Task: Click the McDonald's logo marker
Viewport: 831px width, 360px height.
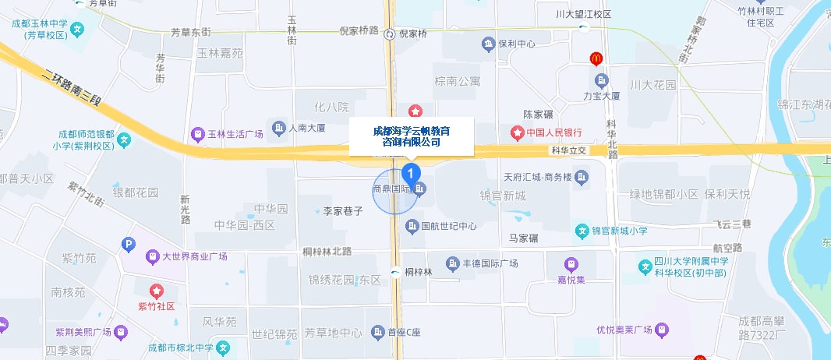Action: pyautogui.click(x=596, y=58)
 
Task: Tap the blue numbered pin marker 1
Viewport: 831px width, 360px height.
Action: pyautogui.click(x=412, y=171)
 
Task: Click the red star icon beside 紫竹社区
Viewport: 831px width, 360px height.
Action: pyautogui.click(x=157, y=291)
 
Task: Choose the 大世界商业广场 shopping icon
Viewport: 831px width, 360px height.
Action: pyautogui.click(x=152, y=256)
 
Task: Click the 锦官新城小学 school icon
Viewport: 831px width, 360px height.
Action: pyautogui.click(x=581, y=231)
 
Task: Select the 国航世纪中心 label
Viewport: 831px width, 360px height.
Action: pyautogui.click(x=448, y=227)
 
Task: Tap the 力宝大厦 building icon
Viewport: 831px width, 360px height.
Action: pyautogui.click(x=601, y=80)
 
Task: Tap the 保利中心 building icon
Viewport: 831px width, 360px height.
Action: pyautogui.click(x=489, y=44)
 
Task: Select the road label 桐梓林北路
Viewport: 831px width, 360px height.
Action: pyautogui.click(x=327, y=251)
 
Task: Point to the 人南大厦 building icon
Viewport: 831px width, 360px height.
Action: pyautogui.click(x=278, y=127)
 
